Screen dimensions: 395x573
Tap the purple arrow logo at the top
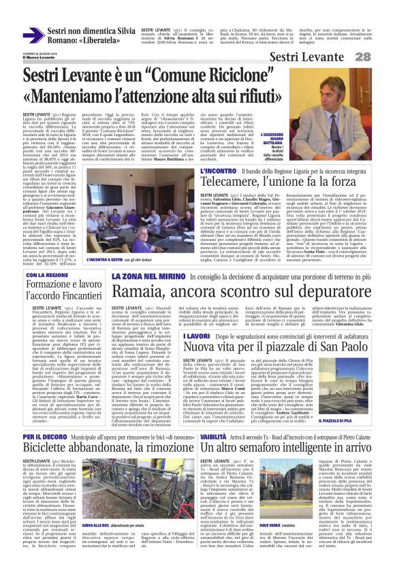[x=33, y=35]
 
